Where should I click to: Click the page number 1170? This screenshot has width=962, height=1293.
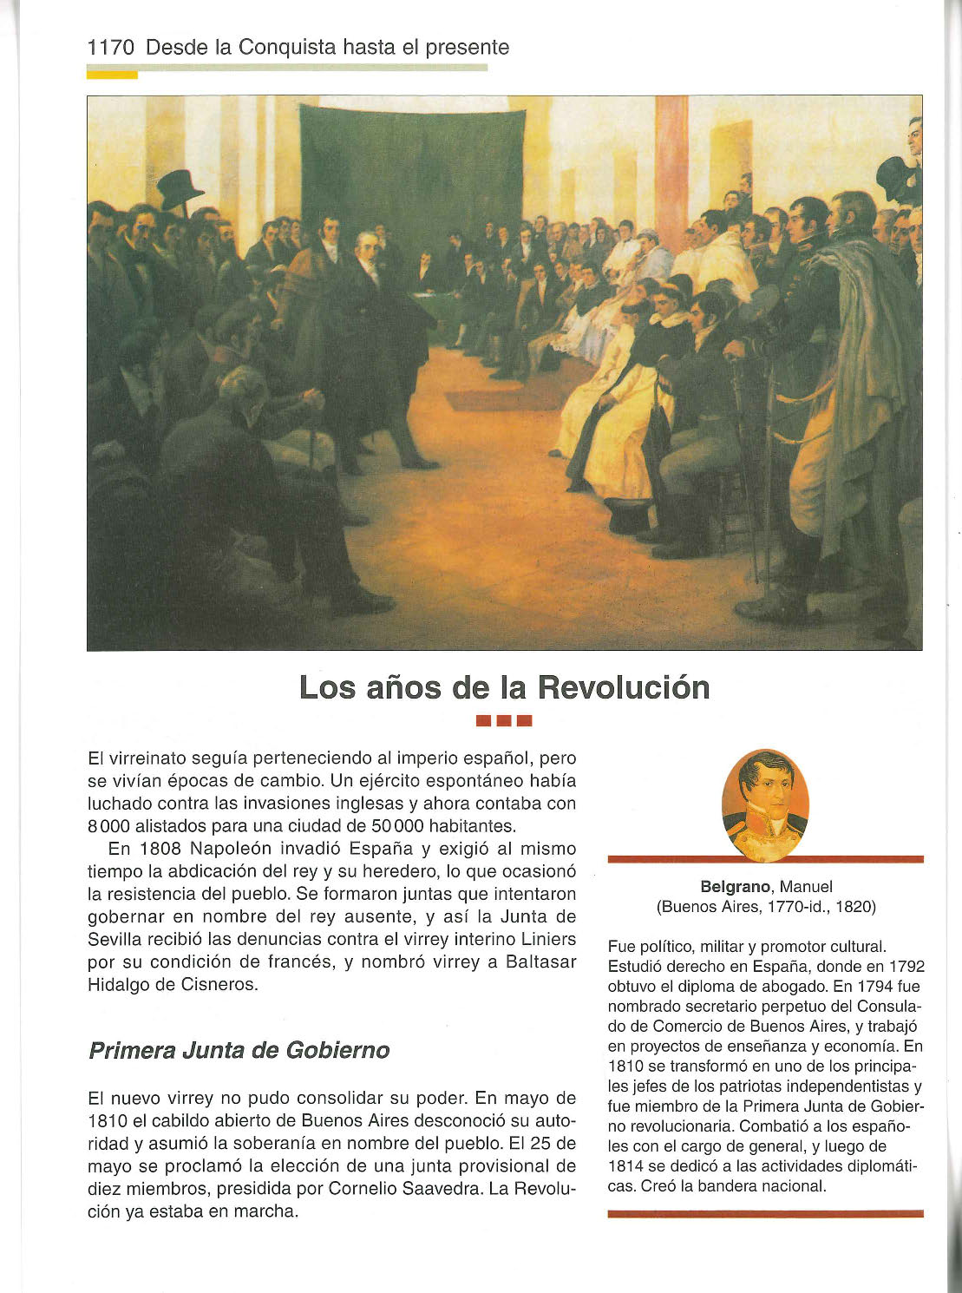click(x=111, y=48)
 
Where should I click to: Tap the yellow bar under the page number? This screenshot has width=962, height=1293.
click(x=112, y=75)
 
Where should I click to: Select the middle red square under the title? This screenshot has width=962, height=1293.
click(x=504, y=720)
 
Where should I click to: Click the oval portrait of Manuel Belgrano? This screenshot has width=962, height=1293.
click(x=765, y=804)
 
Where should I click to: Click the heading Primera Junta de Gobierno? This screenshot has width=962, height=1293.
click(x=239, y=1050)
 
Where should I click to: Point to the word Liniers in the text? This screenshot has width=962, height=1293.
click(x=548, y=939)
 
